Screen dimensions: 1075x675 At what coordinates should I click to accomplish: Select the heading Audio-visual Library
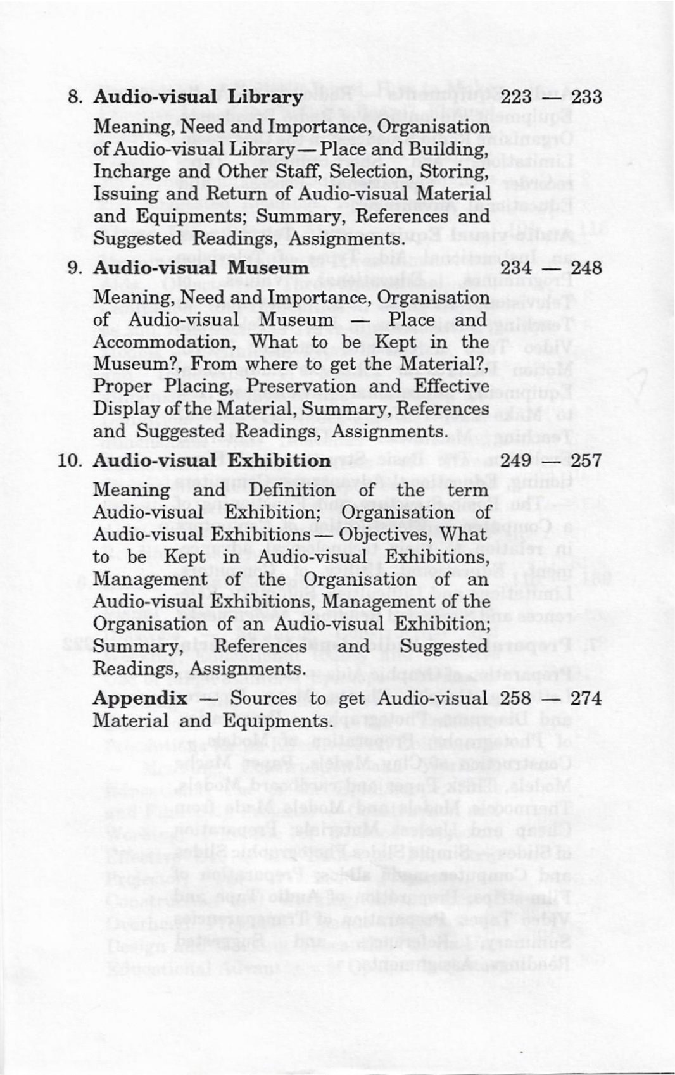(198, 97)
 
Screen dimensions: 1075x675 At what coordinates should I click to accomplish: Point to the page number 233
(586, 97)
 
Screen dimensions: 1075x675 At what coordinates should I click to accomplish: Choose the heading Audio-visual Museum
(201, 268)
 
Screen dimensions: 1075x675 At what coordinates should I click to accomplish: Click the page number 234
(517, 268)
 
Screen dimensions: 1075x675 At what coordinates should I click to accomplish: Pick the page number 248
(586, 268)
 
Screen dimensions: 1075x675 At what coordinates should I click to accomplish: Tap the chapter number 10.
(70, 460)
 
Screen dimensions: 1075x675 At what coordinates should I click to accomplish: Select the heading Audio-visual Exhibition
(211, 460)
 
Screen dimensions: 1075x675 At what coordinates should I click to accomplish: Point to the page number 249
(516, 460)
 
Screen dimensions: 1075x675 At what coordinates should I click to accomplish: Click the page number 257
(585, 460)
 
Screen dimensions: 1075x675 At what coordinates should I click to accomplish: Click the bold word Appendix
(140, 698)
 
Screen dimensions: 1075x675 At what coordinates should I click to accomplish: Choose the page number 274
(585, 698)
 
